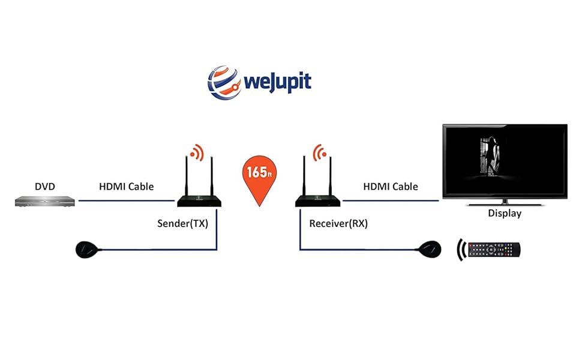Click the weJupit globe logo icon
coord(224,82)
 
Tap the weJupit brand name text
coord(277,82)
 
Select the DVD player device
coord(45,202)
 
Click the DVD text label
coord(44,187)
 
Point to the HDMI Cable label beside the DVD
coord(126,187)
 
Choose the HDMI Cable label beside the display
coord(391,187)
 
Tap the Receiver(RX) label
coord(338,224)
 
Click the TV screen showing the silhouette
coord(505,160)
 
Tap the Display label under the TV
coord(504,214)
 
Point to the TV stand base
coord(504,202)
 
